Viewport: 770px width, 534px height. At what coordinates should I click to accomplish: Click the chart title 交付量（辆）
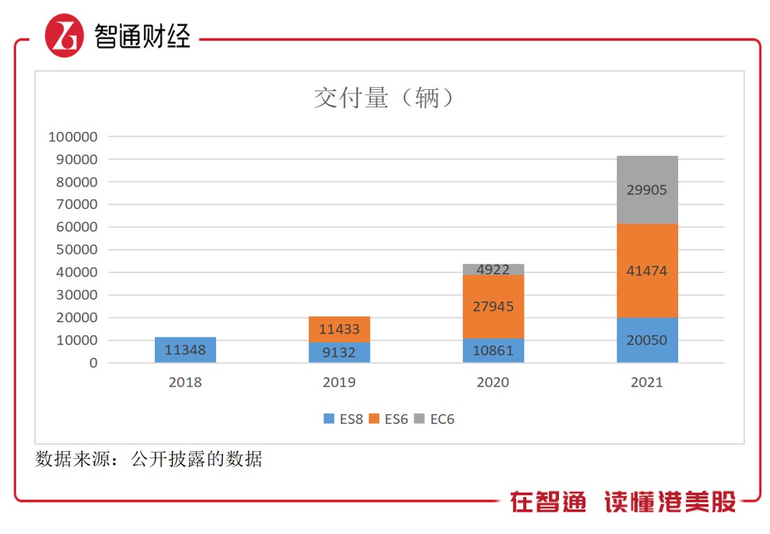[384, 98]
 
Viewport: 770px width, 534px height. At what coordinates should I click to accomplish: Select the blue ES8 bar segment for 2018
[185, 349]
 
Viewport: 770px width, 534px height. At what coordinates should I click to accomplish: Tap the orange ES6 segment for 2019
[339, 329]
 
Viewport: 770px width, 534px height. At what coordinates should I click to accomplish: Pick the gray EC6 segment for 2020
[493, 269]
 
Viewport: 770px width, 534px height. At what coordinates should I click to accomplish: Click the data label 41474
[647, 271]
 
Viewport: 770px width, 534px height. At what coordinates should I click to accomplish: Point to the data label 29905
[647, 190]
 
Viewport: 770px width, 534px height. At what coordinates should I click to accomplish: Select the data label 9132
[339, 353]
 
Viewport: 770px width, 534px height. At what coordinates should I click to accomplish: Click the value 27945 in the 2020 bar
[493, 307]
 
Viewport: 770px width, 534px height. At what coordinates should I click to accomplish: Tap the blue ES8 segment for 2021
[647, 340]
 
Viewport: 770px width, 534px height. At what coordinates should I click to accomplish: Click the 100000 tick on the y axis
[72, 136]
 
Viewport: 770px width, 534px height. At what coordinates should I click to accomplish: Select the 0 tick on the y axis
[93, 363]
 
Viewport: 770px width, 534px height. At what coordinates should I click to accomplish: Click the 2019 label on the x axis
[339, 382]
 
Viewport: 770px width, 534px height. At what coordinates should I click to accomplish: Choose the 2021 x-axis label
[647, 382]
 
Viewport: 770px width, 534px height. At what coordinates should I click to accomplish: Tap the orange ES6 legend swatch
[374, 419]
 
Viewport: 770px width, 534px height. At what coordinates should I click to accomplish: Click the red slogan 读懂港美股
[670, 502]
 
